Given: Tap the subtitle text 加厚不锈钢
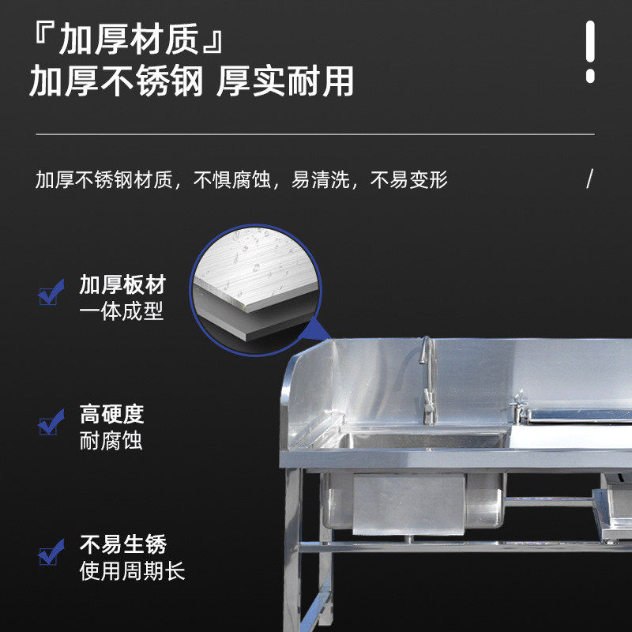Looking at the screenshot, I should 116,81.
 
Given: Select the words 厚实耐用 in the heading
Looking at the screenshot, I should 285,81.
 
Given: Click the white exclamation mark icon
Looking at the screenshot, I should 590,51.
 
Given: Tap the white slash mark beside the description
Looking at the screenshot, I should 589,179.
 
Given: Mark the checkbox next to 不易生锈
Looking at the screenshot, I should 51,552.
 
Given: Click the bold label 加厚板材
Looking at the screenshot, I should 122,284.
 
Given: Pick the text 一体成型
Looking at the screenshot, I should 122,310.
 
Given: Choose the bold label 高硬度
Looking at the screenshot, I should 111,414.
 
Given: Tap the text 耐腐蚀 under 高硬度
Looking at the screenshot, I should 111,441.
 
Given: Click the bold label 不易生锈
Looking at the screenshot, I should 122,544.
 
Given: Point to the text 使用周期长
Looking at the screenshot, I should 132,570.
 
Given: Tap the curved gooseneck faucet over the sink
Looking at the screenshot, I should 428,379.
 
